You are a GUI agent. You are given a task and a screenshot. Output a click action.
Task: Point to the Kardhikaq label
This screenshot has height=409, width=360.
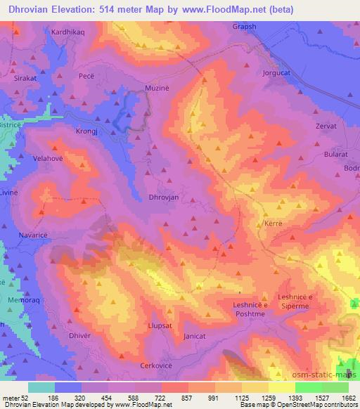pos(67,32)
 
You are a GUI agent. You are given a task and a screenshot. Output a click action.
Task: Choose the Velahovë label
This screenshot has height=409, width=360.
pos(49,159)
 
